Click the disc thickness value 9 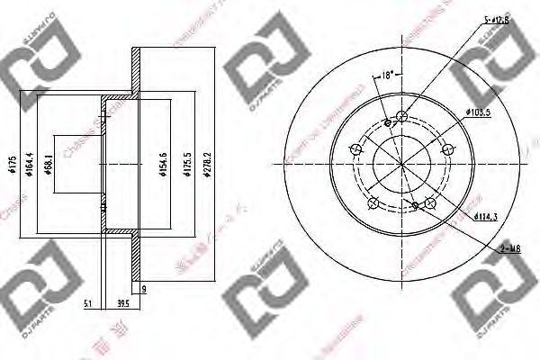pyautogui.click(x=143, y=289)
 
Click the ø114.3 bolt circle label pyautogui.click(x=483, y=214)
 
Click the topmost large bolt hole pyautogui.click(x=401, y=115)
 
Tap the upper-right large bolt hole pyautogui.click(x=446, y=148)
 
